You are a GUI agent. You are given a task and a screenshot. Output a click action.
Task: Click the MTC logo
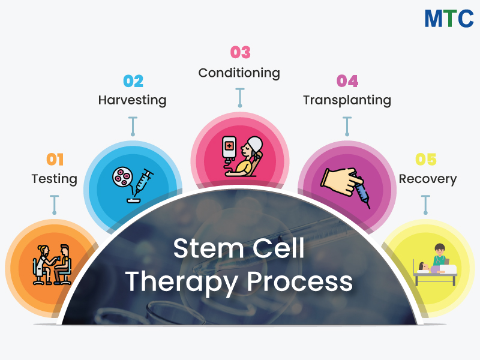click(449, 18)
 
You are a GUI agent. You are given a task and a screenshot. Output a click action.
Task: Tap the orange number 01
click(55, 160)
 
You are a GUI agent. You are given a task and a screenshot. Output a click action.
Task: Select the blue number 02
click(133, 81)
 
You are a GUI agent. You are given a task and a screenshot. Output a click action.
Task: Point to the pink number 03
click(240, 53)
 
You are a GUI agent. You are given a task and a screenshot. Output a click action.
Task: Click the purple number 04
click(347, 81)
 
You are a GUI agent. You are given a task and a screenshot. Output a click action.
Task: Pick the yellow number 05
click(426, 160)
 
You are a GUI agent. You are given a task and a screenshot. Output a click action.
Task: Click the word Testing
click(55, 179)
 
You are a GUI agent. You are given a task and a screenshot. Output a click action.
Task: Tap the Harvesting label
click(132, 100)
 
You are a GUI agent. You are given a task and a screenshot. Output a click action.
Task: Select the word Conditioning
click(239, 73)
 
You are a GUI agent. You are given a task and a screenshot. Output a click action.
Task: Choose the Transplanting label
click(347, 100)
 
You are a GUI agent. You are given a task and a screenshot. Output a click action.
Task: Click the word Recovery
click(427, 179)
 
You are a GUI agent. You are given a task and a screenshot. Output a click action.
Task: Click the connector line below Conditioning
click(240, 97)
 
